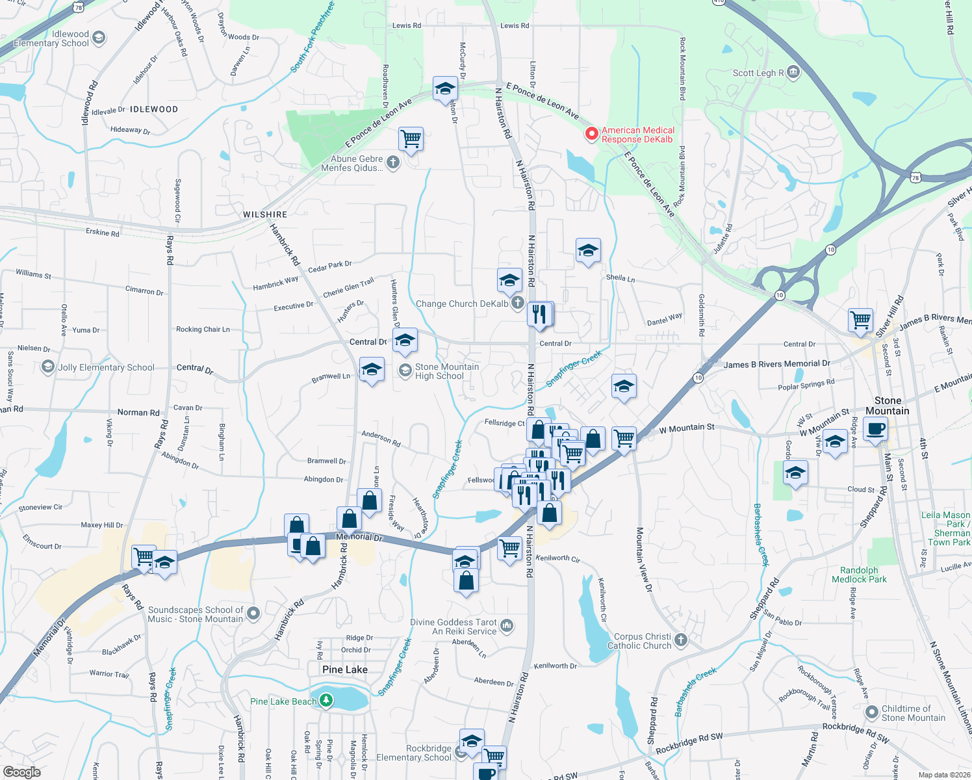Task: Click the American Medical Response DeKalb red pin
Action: [x=591, y=134]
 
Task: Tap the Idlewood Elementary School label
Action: [x=51, y=39]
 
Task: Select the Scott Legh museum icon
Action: [x=793, y=72]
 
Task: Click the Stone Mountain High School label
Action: [x=447, y=371]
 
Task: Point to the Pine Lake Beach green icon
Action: [x=326, y=701]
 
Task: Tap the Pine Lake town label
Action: [x=345, y=669]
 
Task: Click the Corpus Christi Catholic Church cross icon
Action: [x=680, y=640]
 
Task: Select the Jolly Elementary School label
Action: [x=106, y=367]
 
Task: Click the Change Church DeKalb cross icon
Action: [x=517, y=303]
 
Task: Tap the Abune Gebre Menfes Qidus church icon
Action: [x=392, y=162]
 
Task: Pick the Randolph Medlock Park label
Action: [x=859, y=575]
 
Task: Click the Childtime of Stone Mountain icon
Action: [x=872, y=712]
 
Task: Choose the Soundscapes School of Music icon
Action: [x=253, y=613]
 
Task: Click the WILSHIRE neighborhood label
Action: [x=265, y=214]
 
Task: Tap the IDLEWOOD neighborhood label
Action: [x=154, y=109]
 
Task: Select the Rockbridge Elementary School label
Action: [x=414, y=753]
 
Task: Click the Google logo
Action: [x=22, y=772]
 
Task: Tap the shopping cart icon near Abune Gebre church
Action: [x=411, y=138]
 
